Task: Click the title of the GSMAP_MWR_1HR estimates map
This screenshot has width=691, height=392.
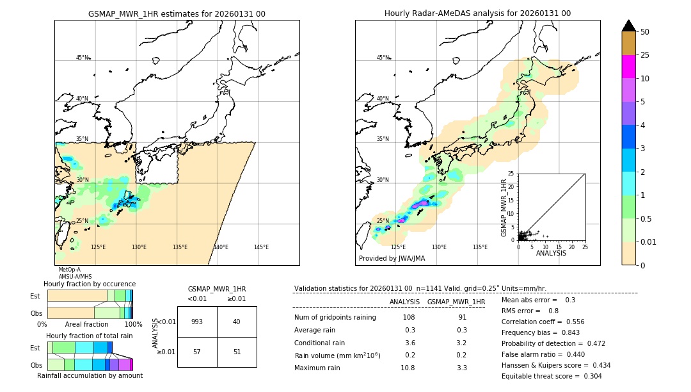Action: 177,13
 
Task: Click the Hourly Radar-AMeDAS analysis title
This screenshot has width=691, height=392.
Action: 477,13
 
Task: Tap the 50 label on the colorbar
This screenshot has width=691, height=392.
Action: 645,32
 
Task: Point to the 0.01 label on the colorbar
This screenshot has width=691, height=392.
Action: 649,241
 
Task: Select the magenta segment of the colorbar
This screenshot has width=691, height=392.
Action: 629,67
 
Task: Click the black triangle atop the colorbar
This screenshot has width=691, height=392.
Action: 629,26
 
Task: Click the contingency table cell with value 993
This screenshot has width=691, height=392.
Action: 197,322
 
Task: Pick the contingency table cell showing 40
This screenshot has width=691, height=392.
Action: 237,322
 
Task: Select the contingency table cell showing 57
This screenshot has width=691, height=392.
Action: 197,352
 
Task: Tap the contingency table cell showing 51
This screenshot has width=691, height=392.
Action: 237,352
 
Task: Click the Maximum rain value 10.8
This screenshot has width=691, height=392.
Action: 408,368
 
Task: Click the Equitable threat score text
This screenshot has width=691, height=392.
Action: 552,376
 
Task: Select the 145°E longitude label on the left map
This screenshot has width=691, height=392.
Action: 261,247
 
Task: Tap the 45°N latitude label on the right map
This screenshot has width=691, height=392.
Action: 383,58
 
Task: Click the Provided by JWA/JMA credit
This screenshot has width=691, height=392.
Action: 392,259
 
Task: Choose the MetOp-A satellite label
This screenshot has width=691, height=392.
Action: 70,270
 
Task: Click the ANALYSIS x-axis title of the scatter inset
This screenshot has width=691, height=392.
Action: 551,253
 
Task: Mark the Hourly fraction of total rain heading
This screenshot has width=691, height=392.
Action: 90,336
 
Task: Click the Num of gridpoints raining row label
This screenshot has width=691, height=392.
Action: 335,318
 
